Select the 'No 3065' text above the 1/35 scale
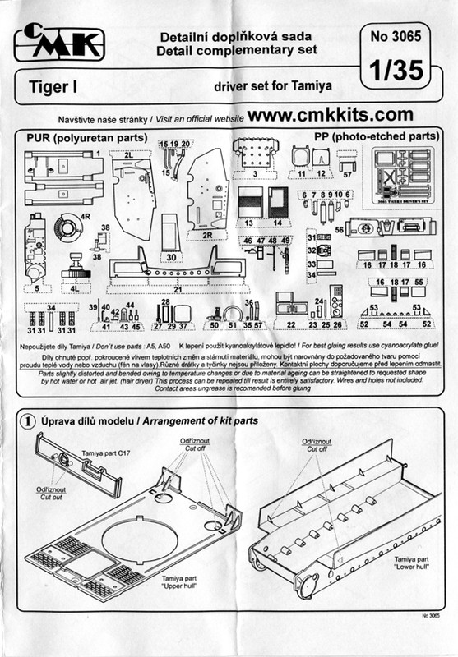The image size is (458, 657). (x=397, y=37)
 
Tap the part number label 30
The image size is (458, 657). (x=170, y=257)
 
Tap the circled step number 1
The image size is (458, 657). (x=26, y=420)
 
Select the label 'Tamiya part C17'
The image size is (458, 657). (x=106, y=451)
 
